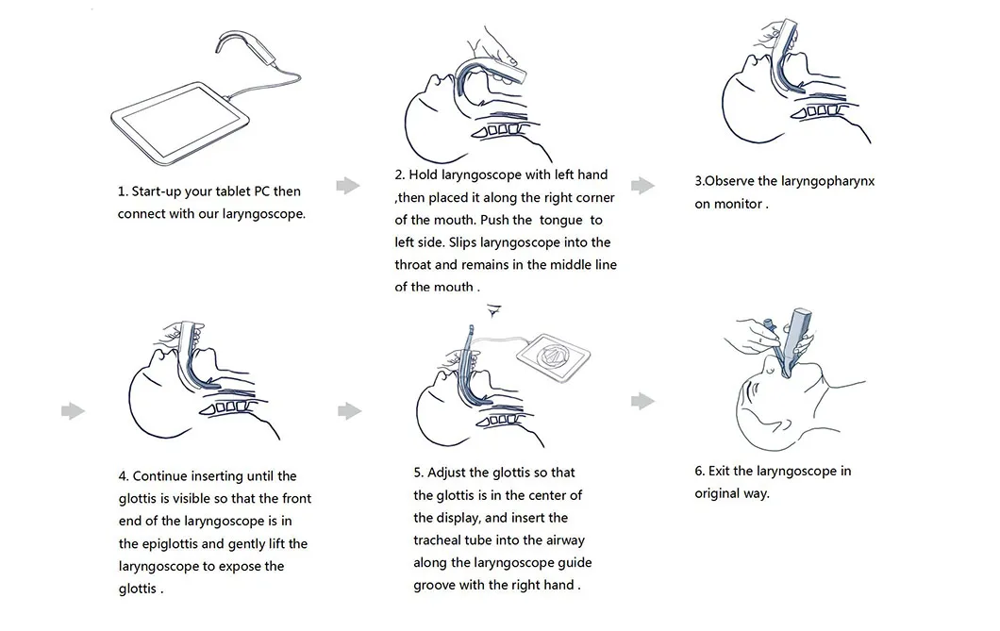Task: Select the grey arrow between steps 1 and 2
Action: (x=348, y=185)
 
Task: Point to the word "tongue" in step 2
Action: (x=560, y=220)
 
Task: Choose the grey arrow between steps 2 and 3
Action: (x=642, y=185)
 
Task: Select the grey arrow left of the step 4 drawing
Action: (x=73, y=410)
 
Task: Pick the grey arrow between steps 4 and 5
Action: (x=349, y=410)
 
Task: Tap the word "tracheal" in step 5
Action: (x=440, y=540)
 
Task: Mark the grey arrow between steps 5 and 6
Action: (x=642, y=401)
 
